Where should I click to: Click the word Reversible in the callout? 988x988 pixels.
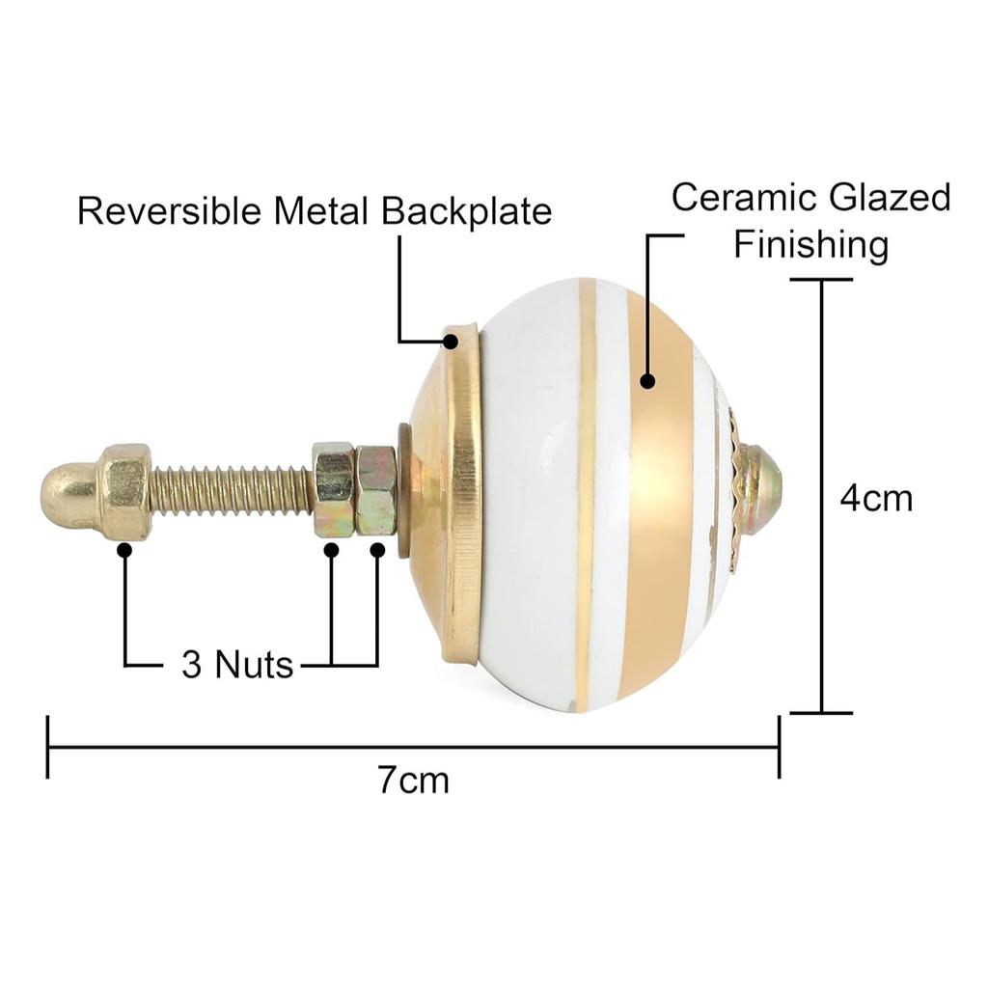[169, 210]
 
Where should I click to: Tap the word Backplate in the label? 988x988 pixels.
[467, 210]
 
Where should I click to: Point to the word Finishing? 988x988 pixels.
[810, 244]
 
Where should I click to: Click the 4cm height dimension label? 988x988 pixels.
[876, 499]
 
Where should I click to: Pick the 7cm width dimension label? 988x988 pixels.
[413, 781]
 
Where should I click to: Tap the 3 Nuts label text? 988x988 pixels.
[237, 664]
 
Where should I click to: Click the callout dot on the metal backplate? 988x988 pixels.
[451, 342]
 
